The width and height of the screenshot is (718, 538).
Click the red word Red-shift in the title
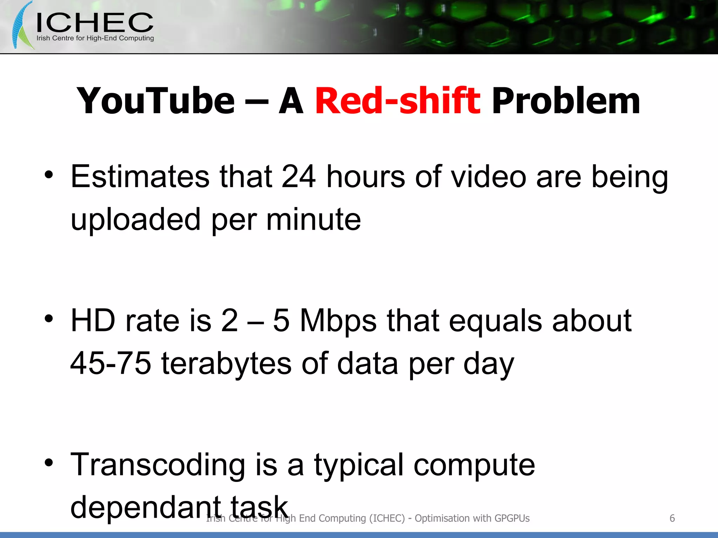point(398,101)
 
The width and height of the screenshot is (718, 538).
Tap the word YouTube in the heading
point(156,101)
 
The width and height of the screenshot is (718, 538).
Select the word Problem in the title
point(565,102)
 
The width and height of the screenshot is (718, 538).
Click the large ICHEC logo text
point(95,23)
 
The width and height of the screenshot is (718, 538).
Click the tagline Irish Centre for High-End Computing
point(95,38)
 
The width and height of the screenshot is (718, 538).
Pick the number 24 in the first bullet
point(299,177)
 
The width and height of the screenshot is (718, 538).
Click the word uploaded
point(135,220)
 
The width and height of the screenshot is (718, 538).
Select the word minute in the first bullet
point(313,220)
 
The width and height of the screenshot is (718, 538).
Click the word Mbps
point(338,321)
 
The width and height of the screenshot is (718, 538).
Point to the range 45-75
point(111,363)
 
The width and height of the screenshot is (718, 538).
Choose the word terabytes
point(226,363)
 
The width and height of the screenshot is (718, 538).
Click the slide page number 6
point(672,518)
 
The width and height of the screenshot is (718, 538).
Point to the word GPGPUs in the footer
point(512,518)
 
